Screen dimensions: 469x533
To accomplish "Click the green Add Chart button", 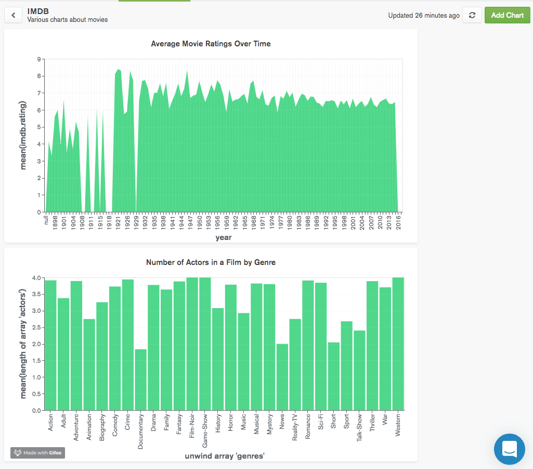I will click(507, 15).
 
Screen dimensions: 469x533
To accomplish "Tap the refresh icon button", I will click(472, 15).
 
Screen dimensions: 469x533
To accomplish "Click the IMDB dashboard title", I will click(38, 10).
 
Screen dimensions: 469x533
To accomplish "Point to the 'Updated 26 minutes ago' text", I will click(424, 16).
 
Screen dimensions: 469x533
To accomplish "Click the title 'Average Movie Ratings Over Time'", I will click(211, 44).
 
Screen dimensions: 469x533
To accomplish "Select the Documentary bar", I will click(140, 379).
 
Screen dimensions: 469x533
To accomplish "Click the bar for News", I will click(282, 377).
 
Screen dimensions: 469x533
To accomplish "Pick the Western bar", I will click(398, 344).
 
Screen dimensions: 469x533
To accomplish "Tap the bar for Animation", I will click(89, 364).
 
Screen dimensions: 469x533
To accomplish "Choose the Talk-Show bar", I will click(359, 370).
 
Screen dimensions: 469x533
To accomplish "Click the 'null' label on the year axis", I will click(46, 220).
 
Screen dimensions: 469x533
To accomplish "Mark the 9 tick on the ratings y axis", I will click(38, 59).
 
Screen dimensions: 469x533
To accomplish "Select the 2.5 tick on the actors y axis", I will click(35, 327).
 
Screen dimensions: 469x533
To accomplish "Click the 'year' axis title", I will click(224, 237).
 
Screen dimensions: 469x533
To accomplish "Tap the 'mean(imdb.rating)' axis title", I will click(23, 136).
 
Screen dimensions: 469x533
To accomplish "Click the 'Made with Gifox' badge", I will click(37, 453).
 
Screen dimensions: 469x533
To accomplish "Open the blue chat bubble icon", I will click(509, 449).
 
